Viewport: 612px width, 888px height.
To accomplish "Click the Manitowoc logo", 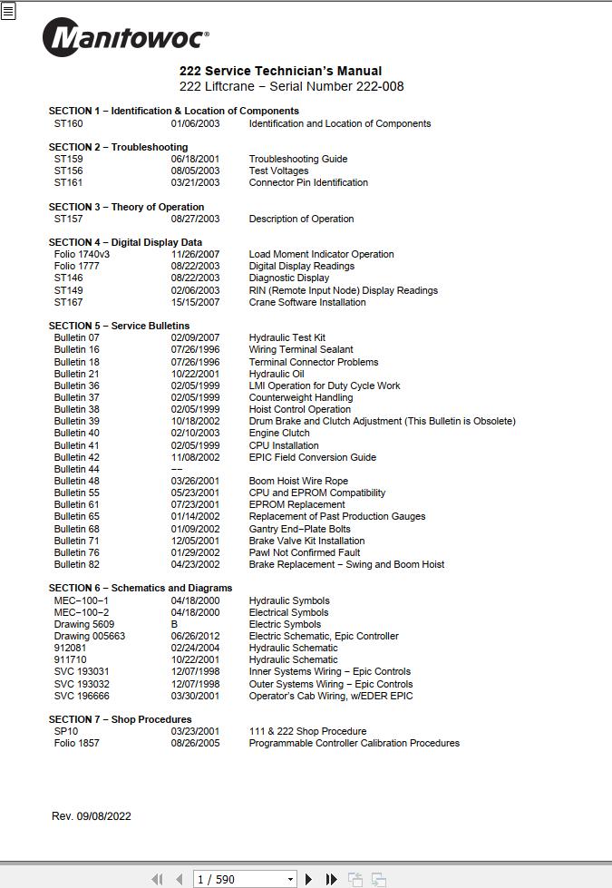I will click(125, 38).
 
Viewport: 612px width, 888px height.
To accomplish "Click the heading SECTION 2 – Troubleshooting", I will click(118, 147).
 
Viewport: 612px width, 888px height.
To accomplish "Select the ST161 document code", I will click(68, 182).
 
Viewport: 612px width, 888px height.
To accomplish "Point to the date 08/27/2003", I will click(195, 219).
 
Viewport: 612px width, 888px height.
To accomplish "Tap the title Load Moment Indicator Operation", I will click(321, 255).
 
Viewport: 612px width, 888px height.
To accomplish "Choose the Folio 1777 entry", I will click(76, 267).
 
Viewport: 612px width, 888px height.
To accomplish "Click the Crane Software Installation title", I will click(307, 302).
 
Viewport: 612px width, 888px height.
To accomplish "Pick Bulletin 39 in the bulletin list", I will click(76, 422).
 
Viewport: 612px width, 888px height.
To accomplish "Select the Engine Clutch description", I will click(279, 434).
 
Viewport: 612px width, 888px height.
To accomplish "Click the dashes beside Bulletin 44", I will click(177, 469).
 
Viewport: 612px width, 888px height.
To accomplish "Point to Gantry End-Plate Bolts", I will click(299, 529).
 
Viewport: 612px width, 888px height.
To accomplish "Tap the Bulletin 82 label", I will click(76, 564).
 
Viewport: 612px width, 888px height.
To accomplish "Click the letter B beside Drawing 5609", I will click(174, 624).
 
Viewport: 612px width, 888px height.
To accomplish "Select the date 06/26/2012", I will click(195, 636).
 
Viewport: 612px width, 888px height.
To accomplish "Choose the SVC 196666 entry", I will click(82, 696).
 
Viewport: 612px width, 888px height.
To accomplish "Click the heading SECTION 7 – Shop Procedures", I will click(120, 719).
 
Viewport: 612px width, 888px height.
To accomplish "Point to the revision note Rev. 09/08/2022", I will click(91, 816).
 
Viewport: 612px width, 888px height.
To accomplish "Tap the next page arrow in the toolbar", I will click(309, 879).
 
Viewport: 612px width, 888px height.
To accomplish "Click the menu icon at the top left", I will click(8, 13).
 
